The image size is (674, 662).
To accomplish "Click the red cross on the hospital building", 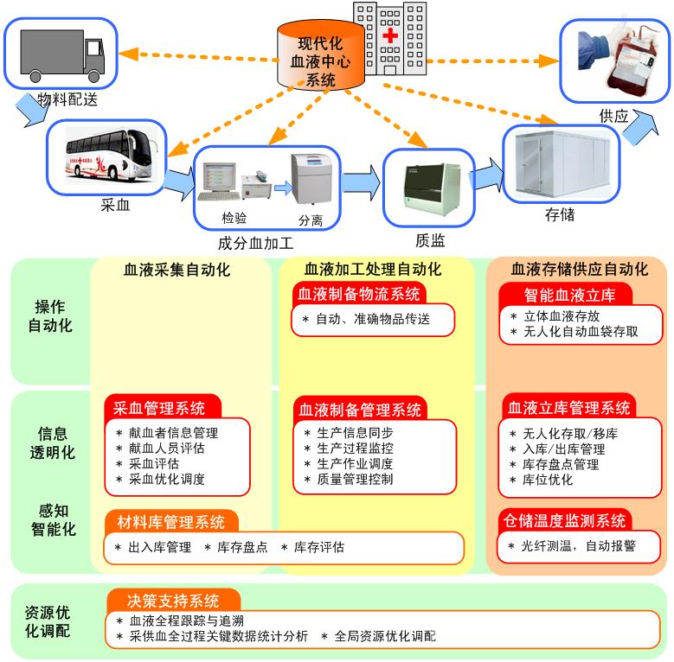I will (x=391, y=37).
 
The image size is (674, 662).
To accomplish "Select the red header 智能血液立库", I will (x=569, y=295).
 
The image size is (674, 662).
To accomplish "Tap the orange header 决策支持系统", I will (x=174, y=601).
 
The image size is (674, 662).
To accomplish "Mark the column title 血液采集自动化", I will (x=177, y=270).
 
